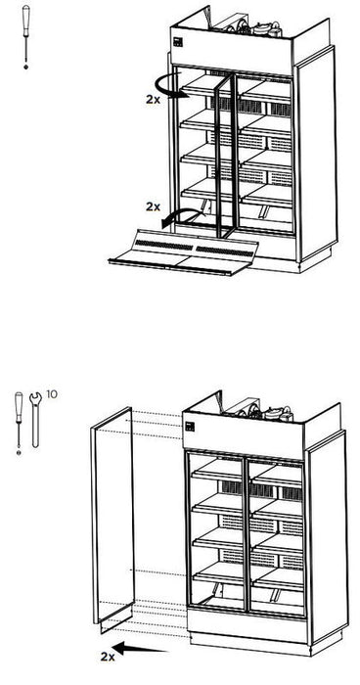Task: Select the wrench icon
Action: point(36,415)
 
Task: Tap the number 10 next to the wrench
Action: point(53,393)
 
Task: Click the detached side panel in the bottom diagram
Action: point(112,519)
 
